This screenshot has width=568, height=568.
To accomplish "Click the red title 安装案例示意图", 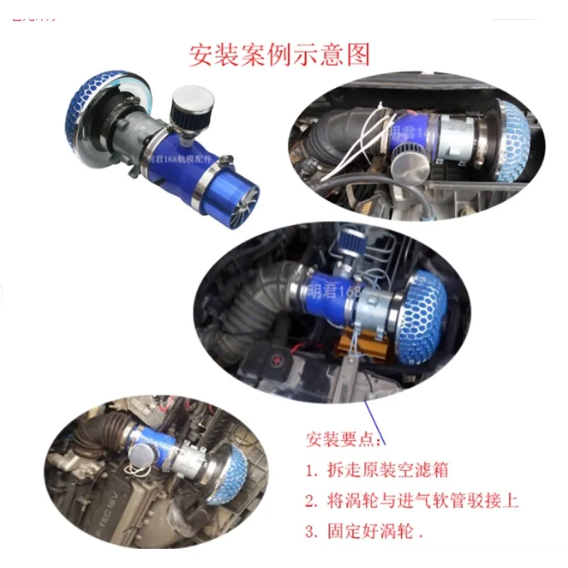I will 280,55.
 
